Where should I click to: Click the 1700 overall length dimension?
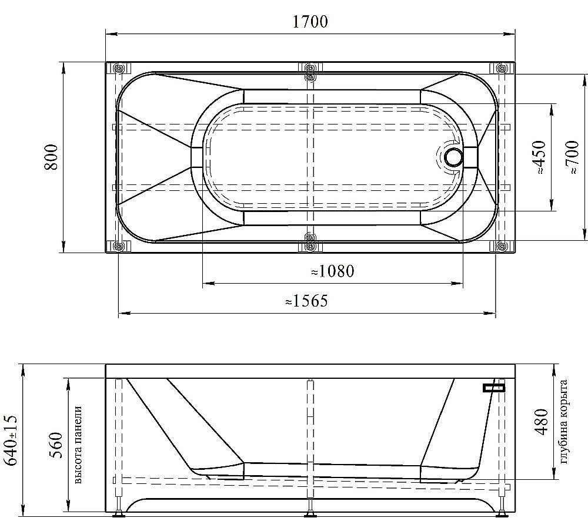(x=310, y=22)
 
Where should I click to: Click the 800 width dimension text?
(x=51, y=157)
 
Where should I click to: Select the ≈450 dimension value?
(x=540, y=157)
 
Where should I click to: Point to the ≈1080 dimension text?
(x=332, y=271)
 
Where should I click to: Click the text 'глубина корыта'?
(x=565, y=421)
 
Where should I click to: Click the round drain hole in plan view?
(x=454, y=157)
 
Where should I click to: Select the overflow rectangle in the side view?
(x=494, y=388)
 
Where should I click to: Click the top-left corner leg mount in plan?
(x=117, y=68)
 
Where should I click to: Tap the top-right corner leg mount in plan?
(x=502, y=68)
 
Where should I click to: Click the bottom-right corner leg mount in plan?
(x=502, y=246)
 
